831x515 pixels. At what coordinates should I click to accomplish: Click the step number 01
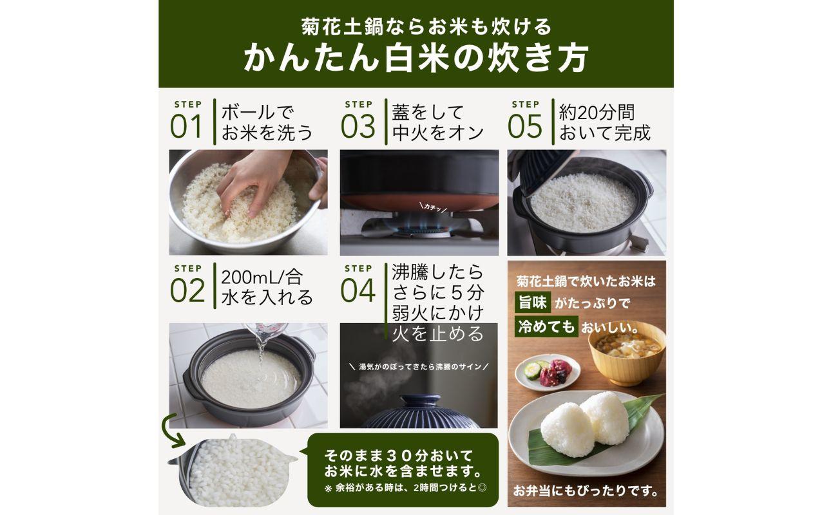pyautogui.click(x=186, y=126)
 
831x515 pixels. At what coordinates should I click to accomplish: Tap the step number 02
pyautogui.click(x=187, y=290)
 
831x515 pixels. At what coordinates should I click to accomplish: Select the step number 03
pyautogui.click(x=358, y=126)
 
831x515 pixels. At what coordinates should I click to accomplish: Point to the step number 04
pyautogui.click(x=358, y=290)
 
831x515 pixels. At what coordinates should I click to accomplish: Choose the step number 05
pyautogui.click(x=525, y=126)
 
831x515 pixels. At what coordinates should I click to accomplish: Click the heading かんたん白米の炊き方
pyautogui.click(x=415, y=58)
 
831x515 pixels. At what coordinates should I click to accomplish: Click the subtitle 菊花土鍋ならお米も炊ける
pyautogui.click(x=415, y=26)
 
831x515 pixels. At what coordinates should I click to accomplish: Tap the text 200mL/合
pyautogui.click(x=261, y=277)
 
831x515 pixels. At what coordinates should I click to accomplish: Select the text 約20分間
pyautogui.click(x=597, y=113)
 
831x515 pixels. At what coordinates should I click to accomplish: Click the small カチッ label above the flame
pyautogui.click(x=430, y=206)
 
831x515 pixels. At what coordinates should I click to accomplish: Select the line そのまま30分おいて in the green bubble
pyautogui.click(x=399, y=454)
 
